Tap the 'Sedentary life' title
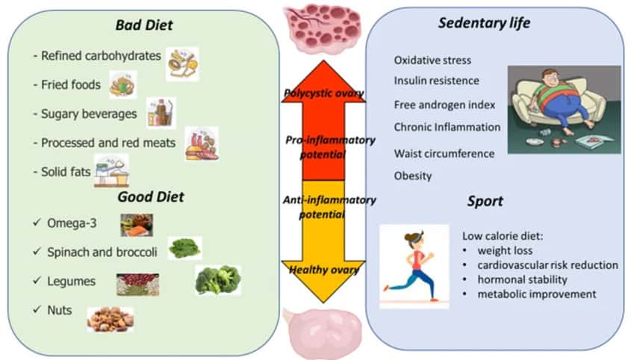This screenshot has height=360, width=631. tap(483, 23)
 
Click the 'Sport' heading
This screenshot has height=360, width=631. tap(485, 201)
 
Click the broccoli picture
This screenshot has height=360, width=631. tap(217, 280)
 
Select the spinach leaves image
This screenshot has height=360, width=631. tap(184, 247)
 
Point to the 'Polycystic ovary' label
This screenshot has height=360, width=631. tap(323, 93)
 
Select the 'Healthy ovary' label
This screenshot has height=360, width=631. tap(323, 270)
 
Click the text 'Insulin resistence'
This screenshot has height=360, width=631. tap(436, 81)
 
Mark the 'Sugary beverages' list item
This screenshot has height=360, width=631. tap(84, 114)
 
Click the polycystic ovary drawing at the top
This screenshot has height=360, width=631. tap(323, 28)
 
